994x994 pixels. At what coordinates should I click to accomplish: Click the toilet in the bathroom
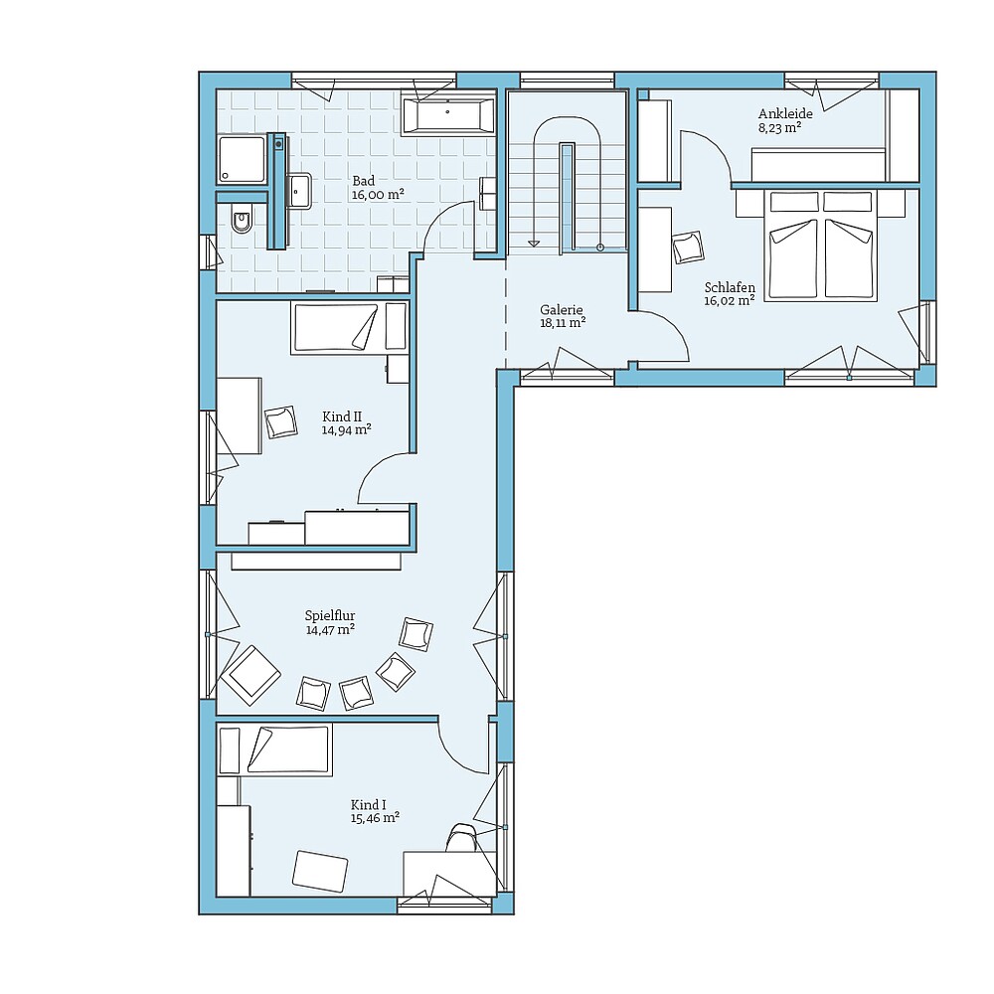pyautogui.click(x=241, y=223)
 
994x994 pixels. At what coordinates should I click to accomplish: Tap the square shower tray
pyautogui.click(x=242, y=160)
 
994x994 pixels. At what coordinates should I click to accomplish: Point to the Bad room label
pyautogui.click(x=363, y=181)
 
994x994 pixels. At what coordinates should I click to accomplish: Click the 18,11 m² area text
pyautogui.click(x=563, y=322)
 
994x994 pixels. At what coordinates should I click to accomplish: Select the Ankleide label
pyautogui.click(x=785, y=113)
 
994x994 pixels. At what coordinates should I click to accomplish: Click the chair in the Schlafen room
pyautogui.click(x=687, y=247)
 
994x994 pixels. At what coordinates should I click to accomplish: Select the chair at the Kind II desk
pyautogui.click(x=280, y=421)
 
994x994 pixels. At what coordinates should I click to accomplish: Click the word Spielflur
pyautogui.click(x=330, y=615)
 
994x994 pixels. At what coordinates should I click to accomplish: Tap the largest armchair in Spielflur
pyautogui.click(x=249, y=673)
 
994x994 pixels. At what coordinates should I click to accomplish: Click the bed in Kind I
pyautogui.click(x=274, y=749)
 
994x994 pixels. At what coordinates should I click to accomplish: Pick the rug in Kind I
pyautogui.click(x=321, y=870)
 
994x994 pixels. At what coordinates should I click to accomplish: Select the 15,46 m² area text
pyautogui.click(x=375, y=818)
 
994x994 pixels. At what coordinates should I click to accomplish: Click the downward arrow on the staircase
pyautogui.click(x=534, y=241)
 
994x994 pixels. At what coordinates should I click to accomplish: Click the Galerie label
pyautogui.click(x=562, y=308)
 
